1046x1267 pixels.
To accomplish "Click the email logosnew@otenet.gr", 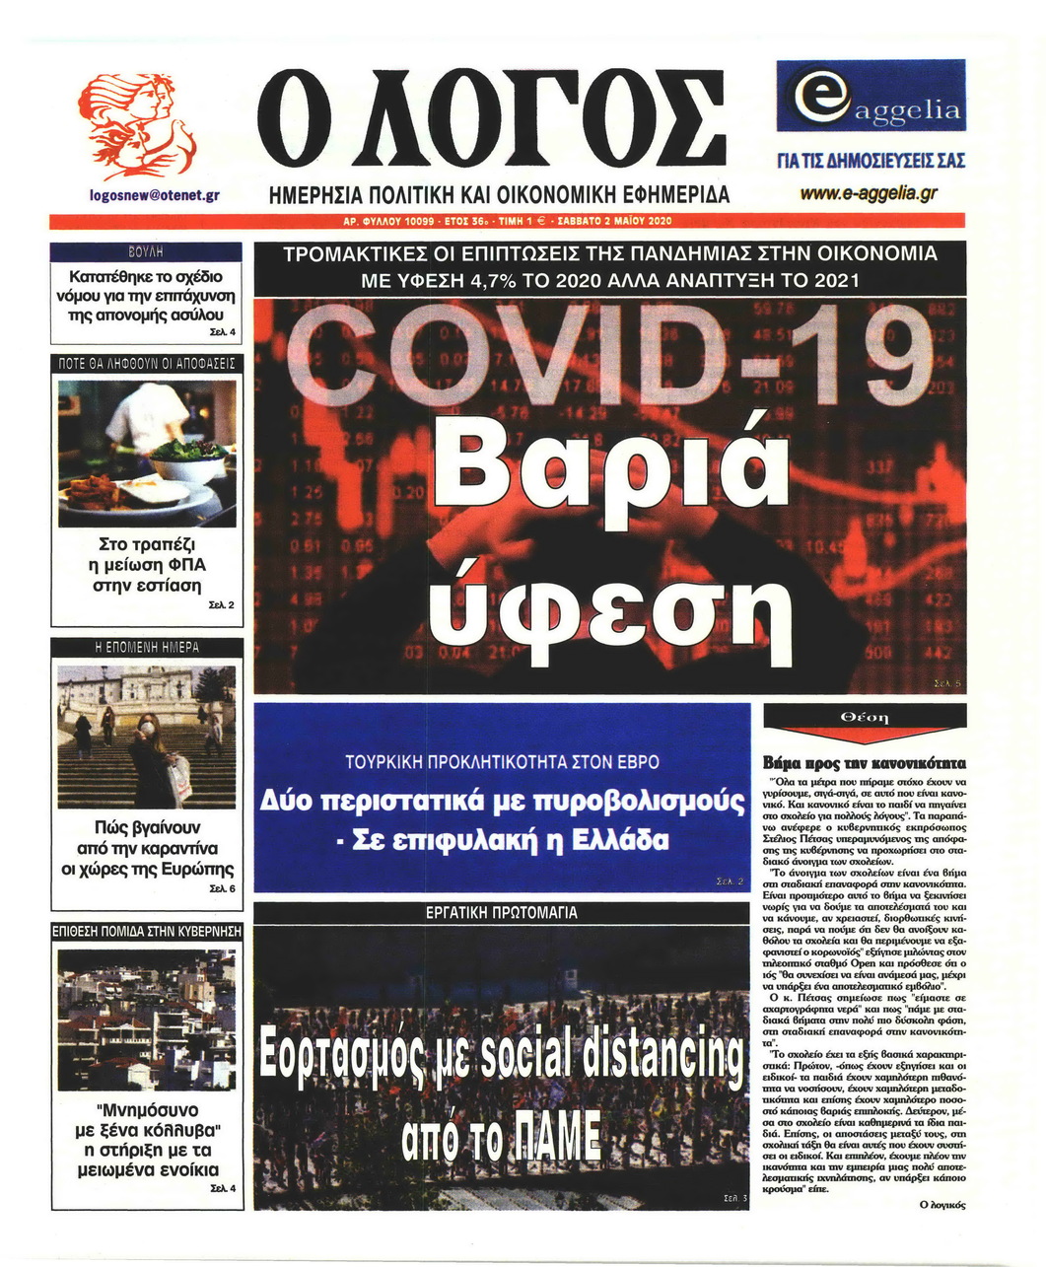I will coord(153,194).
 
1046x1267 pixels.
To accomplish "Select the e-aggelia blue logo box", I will coord(871,96).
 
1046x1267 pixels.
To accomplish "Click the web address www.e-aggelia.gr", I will coord(869,193).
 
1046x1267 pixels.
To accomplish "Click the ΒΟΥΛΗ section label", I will coord(146,251).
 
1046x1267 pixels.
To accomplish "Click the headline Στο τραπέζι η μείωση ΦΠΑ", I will coord(152,564).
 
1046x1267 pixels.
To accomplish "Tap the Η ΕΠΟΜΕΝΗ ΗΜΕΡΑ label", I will coord(147,647).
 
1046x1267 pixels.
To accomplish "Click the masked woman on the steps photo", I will coord(147,736).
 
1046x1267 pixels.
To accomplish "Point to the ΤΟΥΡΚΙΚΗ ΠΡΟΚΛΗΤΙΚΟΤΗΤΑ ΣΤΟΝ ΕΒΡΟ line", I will coord(502,763).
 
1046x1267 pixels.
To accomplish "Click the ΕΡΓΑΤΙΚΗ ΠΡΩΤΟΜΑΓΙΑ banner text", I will coord(501,913).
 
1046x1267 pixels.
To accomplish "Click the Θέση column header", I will coord(864,717).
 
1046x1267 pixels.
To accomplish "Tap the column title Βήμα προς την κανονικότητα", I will coord(865,763).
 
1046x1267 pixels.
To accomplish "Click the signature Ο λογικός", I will coord(941,1204).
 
